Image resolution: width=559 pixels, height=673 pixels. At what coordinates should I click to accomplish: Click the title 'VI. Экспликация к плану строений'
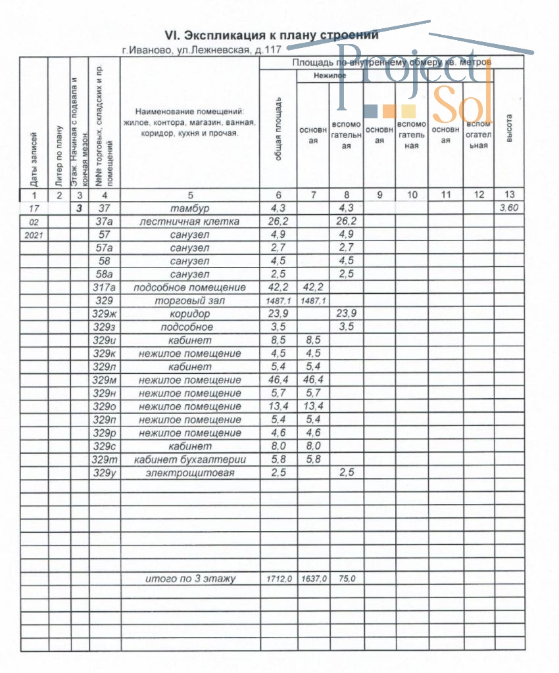(272, 35)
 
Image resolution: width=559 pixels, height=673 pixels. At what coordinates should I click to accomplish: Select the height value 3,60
(510, 208)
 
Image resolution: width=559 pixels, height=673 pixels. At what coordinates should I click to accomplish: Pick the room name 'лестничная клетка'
(190, 221)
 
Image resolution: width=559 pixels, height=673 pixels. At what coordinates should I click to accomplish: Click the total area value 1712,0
(279, 579)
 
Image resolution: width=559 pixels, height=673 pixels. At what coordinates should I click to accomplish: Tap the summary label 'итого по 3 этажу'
(190, 579)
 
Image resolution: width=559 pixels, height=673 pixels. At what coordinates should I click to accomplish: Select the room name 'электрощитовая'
(190, 473)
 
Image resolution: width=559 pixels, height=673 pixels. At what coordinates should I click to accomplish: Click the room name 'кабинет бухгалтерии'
(190, 459)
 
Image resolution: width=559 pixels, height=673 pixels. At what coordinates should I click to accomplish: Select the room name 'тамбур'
(190, 208)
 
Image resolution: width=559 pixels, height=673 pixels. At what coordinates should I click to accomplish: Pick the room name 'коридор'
(190, 313)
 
